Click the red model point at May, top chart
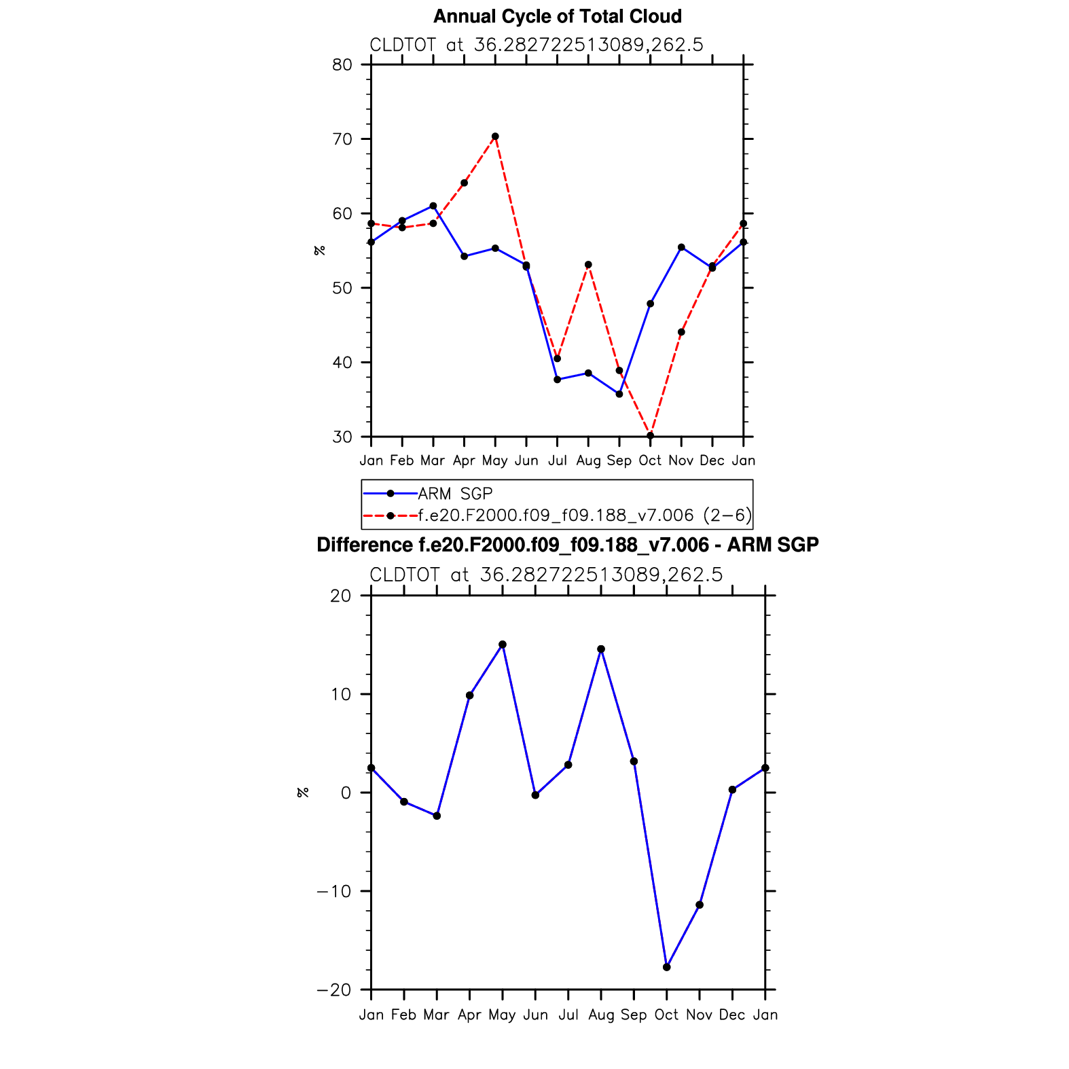495,137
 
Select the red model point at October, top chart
650,435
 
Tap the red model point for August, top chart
588,265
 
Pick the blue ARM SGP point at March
433,206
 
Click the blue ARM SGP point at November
681,247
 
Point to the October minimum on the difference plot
666,967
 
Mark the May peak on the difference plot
503,645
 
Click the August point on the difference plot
601,649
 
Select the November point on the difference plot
700,905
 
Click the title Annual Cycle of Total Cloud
557,16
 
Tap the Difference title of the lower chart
568,545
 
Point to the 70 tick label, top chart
343,139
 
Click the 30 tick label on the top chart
343,437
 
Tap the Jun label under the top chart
526,460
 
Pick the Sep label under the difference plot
634,1015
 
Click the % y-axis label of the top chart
319,250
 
